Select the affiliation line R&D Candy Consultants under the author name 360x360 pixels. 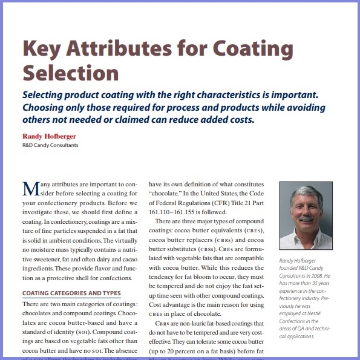coord(50,145)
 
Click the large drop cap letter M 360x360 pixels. coord(31,188)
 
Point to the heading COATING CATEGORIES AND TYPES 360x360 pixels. coord(71,293)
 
